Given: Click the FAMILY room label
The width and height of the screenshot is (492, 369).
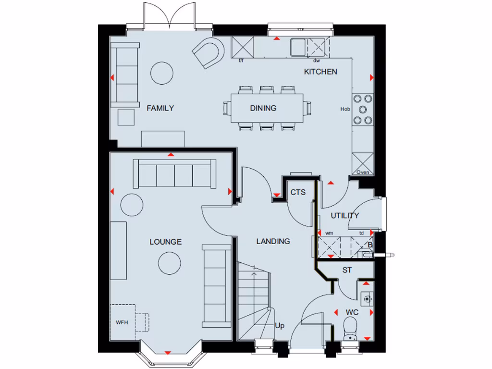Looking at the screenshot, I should pos(160,108).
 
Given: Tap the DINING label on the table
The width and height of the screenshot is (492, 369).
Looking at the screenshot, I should pos(263,108).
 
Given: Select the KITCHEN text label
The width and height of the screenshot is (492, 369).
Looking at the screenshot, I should pos(320,72).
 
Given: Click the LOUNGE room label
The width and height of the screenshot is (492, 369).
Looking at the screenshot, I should pos(165,242).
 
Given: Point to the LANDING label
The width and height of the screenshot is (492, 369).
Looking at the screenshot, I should pos(273,241).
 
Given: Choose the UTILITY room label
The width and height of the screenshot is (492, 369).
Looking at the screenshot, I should pos(344,215).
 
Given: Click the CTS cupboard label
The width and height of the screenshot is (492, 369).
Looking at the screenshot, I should pos(298,193).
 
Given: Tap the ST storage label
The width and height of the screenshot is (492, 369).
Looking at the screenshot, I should pos(347,271).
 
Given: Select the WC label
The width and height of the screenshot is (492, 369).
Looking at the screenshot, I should pos(352,312).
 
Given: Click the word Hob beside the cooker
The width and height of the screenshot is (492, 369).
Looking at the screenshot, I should pos(345,109).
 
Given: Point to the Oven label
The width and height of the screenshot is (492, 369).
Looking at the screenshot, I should pos(363,172).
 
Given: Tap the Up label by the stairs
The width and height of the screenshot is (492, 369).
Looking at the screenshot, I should pos(280,326).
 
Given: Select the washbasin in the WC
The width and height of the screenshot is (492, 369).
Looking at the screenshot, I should pos(368,298).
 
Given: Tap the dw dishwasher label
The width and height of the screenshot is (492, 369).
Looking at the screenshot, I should pos(317,61).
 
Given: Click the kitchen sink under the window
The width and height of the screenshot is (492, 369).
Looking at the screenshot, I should pos(297,47).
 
